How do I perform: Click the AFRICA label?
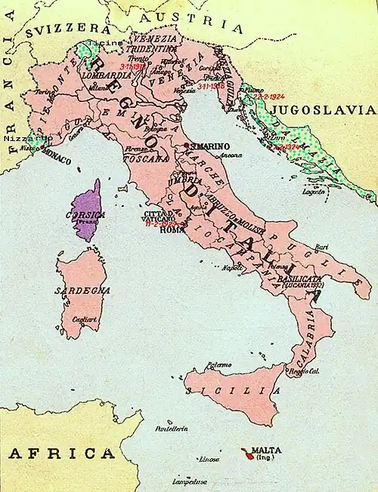pos(61,454)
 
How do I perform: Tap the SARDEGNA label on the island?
pos(82,290)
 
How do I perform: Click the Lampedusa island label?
pos(189,481)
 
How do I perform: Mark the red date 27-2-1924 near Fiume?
pos(269,97)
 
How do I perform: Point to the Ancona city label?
pos(231,155)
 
